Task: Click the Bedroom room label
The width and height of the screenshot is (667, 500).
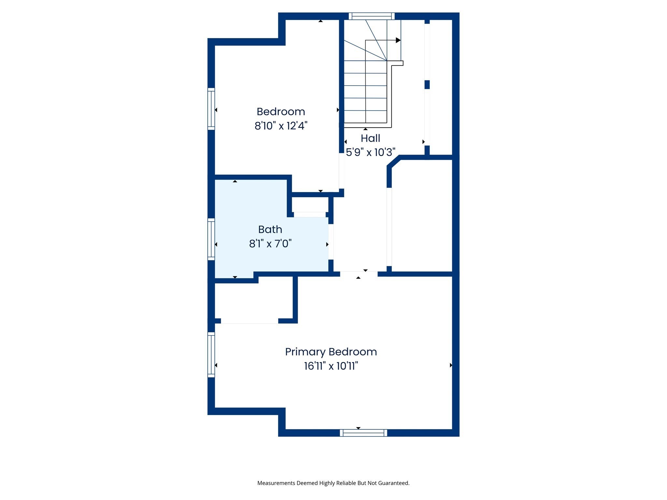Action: click(x=281, y=112)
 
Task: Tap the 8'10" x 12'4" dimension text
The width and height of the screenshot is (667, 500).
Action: click(x=281, y=126)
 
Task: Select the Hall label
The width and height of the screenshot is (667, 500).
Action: click(x=370, y=138)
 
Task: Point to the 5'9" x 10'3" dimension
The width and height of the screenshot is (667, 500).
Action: click(x=370, y=152)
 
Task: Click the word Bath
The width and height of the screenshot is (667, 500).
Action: click(x=270, y=229)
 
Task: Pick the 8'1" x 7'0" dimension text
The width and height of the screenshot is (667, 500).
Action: click(x=270, y=243)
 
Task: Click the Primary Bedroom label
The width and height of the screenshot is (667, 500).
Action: click(x=331, y=352)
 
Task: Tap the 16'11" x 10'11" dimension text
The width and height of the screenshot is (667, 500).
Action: click(x=331, y=366)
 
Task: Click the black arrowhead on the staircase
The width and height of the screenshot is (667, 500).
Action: click(x=398, y=40)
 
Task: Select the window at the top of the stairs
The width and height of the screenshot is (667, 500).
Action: click(x=372, y=16)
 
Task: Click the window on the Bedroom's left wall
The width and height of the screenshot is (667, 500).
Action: click(x=211, y=109)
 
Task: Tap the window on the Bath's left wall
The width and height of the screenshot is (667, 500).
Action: click(x=211, y=239)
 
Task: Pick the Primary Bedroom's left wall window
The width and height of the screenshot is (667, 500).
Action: click(x=211, y=355)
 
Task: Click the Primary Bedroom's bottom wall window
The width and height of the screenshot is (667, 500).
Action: click(x=363, y=433)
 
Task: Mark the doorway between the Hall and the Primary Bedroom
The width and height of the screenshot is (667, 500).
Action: click(x=359, y=274)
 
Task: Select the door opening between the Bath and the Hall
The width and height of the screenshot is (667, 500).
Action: click(x=331, y=242)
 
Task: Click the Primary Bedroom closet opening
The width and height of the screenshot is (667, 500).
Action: click(x=249, y=321)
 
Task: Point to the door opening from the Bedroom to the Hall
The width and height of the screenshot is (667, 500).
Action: click(x=341, y=171)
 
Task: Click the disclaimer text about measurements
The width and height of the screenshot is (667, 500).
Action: click(x=333, y=483)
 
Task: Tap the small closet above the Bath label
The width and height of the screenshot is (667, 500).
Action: click(x=310, y=205)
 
